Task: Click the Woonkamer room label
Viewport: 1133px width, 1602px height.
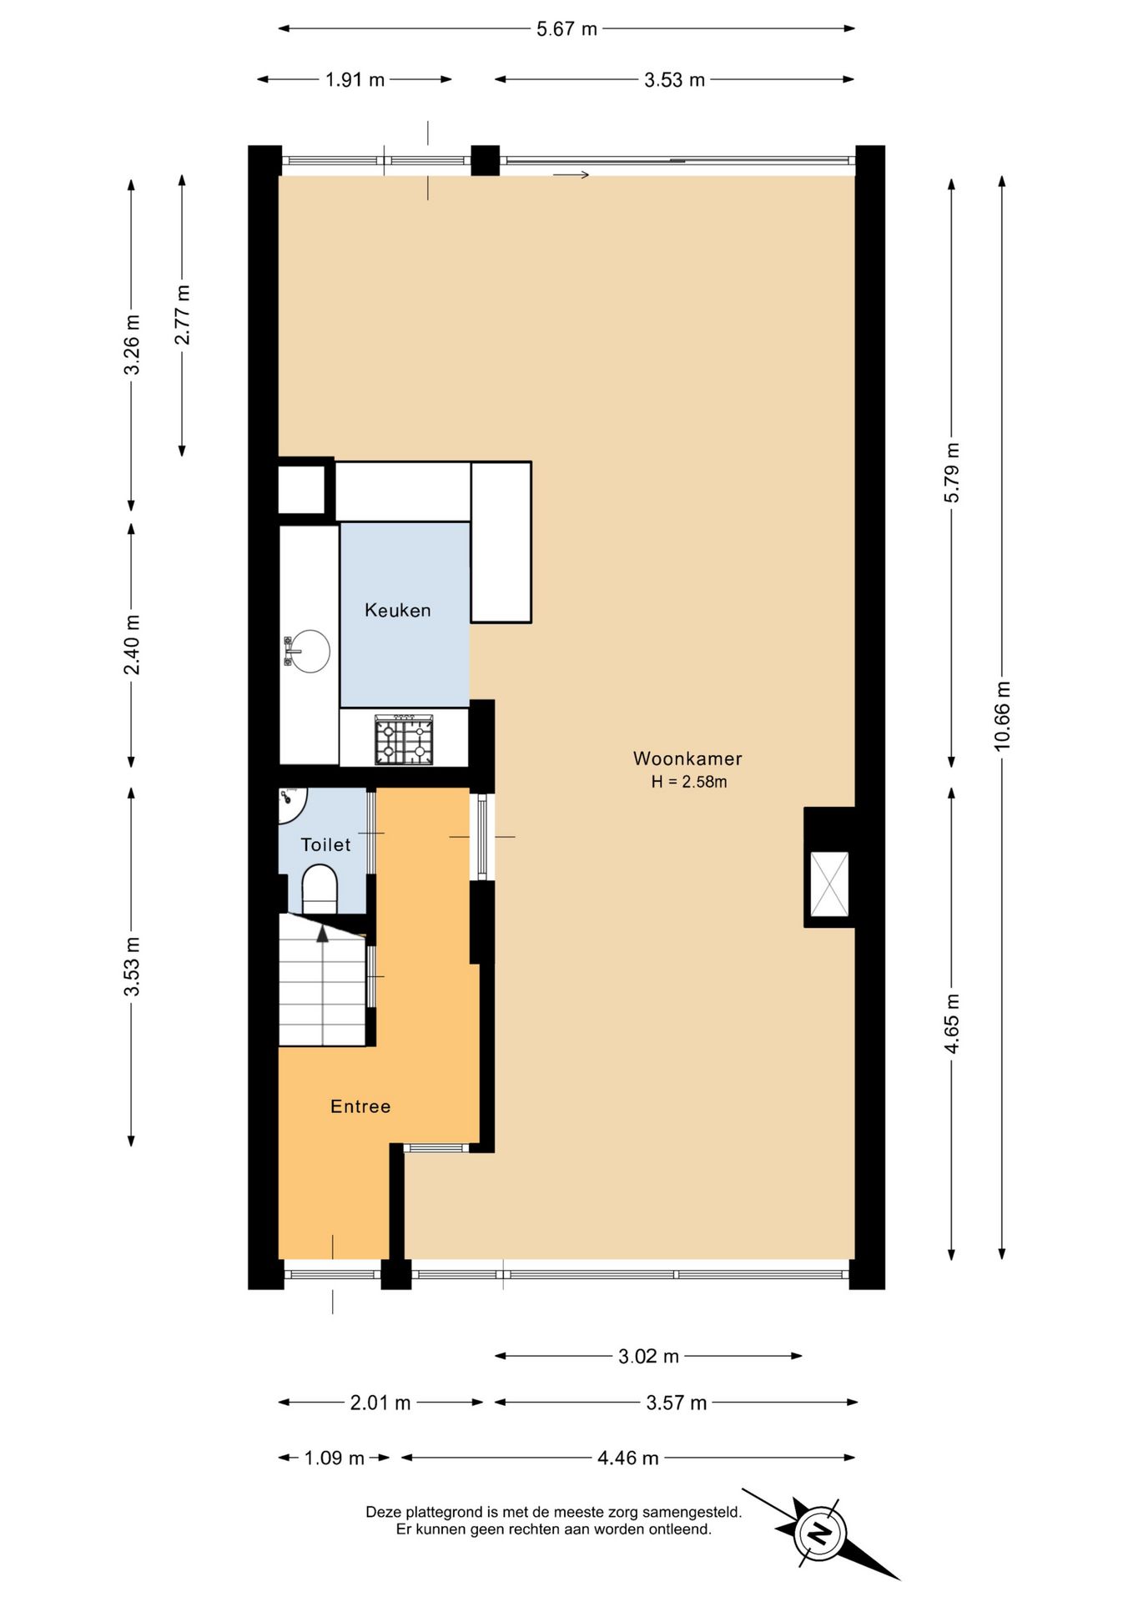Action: point(687,758)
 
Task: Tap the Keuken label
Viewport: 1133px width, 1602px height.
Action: point(398,610)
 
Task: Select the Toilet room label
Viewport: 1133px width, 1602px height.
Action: point(325,844)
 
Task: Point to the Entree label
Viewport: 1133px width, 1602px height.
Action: point(360,1106)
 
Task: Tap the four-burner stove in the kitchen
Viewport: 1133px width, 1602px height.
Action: point(404,740)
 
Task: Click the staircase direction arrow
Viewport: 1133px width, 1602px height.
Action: point(322,933)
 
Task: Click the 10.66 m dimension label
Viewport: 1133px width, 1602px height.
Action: point(1002,716)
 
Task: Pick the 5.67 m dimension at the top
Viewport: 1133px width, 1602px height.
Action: point(566,29)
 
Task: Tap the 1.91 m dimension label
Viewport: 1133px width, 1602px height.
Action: point(355,80)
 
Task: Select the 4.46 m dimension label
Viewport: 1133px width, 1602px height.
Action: point(627,1458)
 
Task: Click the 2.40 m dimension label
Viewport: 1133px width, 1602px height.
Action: point(132,644)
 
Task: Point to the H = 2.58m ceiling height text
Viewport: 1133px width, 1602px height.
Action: point(689,782)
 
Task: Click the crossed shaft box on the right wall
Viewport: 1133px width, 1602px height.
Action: point(829,884)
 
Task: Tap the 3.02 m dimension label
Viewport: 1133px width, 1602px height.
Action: point(648,1356)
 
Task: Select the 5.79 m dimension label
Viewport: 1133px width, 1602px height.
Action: point(952,472)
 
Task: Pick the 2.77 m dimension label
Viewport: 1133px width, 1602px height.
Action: point(182,315)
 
